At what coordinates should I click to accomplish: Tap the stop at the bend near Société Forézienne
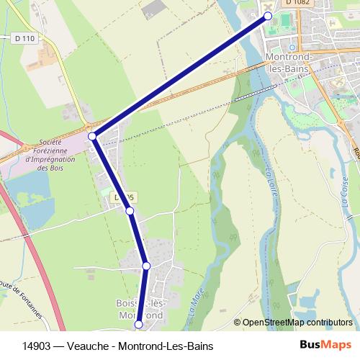click(x=92, y=135)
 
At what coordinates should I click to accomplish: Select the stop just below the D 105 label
click(x=130, y=211)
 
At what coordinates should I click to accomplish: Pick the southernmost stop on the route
click(x=139, y=325)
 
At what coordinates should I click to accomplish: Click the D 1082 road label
click(x=297, y=4)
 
